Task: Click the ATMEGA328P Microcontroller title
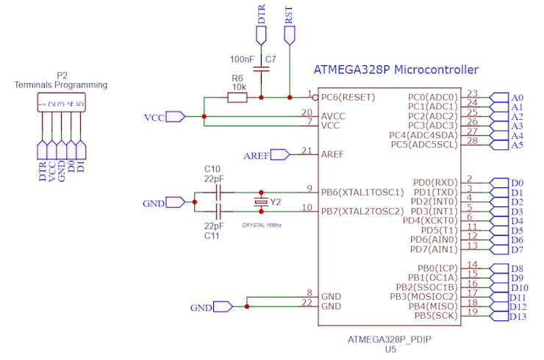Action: (396, 71)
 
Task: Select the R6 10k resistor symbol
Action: (237, 97)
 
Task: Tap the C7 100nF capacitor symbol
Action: (261, 69)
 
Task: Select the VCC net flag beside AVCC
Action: (174, 116)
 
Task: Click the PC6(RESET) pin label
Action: (348, 97)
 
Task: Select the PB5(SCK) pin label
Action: (437, 315)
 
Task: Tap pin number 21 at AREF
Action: (307, 151)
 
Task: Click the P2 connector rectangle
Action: (61, 104)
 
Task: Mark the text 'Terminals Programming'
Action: (61, 85)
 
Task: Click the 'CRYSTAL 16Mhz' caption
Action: (262, 224)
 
